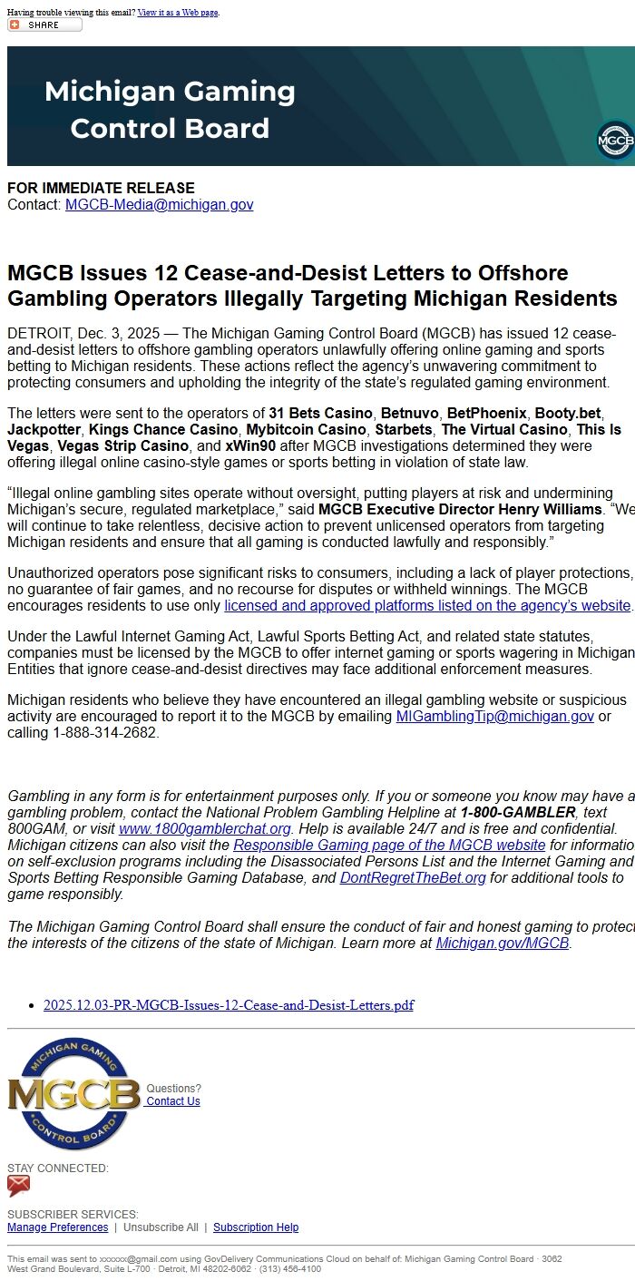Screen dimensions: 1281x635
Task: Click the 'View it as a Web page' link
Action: click(178, 13)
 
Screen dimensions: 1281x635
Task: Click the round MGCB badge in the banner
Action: click(615, 141)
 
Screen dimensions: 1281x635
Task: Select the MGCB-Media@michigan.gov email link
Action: click(159, 205)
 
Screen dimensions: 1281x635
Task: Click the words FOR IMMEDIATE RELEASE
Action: click(101, 188)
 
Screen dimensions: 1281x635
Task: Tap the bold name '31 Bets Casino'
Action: click(320, 414)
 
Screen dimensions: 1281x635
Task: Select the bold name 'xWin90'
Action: click(250, 446)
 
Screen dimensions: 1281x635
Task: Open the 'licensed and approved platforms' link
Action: click(426, 606)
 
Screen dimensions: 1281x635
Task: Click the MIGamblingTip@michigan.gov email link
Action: click(494, 717)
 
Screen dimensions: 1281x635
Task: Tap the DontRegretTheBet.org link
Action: click(413, 878)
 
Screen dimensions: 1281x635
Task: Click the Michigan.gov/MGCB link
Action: click(502, 944)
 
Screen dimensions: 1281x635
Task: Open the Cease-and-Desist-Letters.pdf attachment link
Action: click(228, 1005)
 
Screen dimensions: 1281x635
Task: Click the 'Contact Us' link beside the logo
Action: click(173, 1101)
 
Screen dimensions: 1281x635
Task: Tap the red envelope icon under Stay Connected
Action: click(19, 1186)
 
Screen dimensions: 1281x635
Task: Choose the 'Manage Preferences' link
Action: click(57, 1227)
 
